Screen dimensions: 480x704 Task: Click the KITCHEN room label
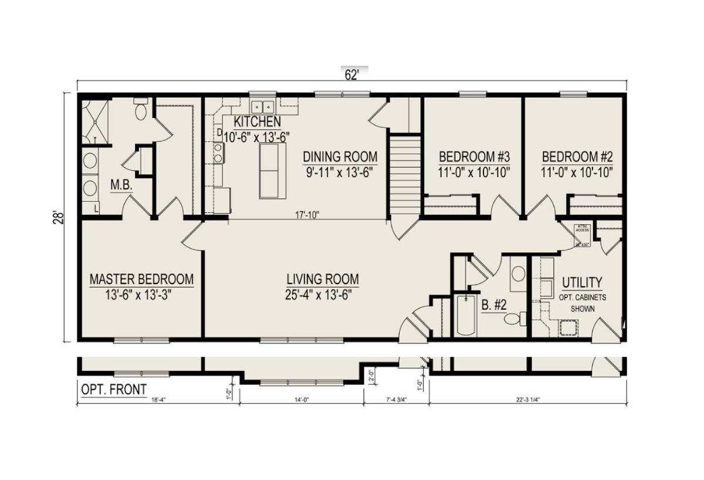tap(257, 122)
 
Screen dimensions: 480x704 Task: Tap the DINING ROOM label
tap(340, 157)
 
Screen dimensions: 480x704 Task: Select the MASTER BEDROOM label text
tap(141, 279)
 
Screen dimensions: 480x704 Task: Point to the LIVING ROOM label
tap(323, 279)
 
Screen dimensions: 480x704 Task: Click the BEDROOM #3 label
tap(474, 157)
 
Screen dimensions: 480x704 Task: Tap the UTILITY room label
tap(581, 282)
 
